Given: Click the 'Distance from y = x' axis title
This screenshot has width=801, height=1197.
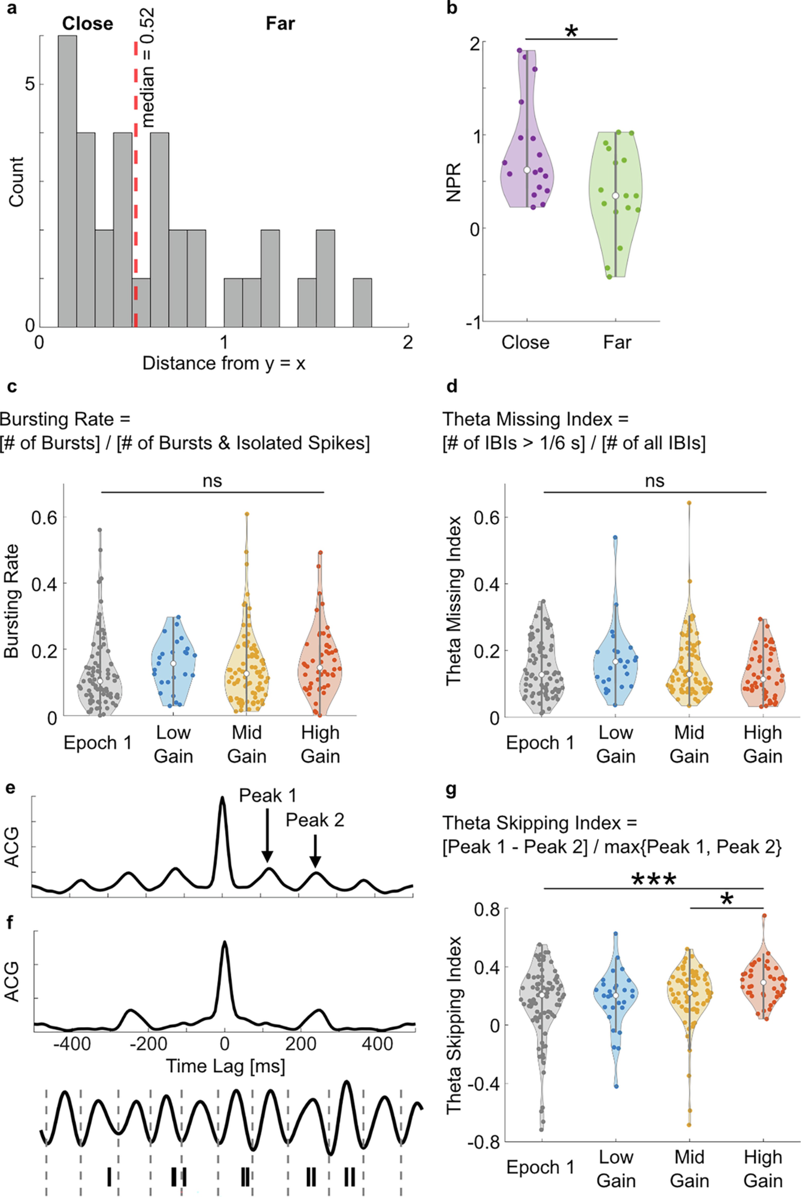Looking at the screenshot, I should pyautogui.click(x=224, y=363).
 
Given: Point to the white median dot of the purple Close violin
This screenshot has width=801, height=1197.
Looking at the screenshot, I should pyautogui.click(x=527, y=170).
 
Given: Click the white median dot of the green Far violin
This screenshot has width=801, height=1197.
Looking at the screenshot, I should pyautogui.click(x=615, y=196).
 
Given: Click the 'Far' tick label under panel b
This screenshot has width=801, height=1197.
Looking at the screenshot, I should pyautogui.click(x=617, y=342).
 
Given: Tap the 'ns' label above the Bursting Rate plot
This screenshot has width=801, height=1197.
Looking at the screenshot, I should pyautogui.click(x=213, y=481).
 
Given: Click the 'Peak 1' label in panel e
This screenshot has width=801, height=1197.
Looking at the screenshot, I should pyautogui.click(x=268, y=795).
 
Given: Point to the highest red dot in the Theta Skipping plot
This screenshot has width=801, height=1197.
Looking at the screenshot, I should pyautogui.click(x=764, y=916).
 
